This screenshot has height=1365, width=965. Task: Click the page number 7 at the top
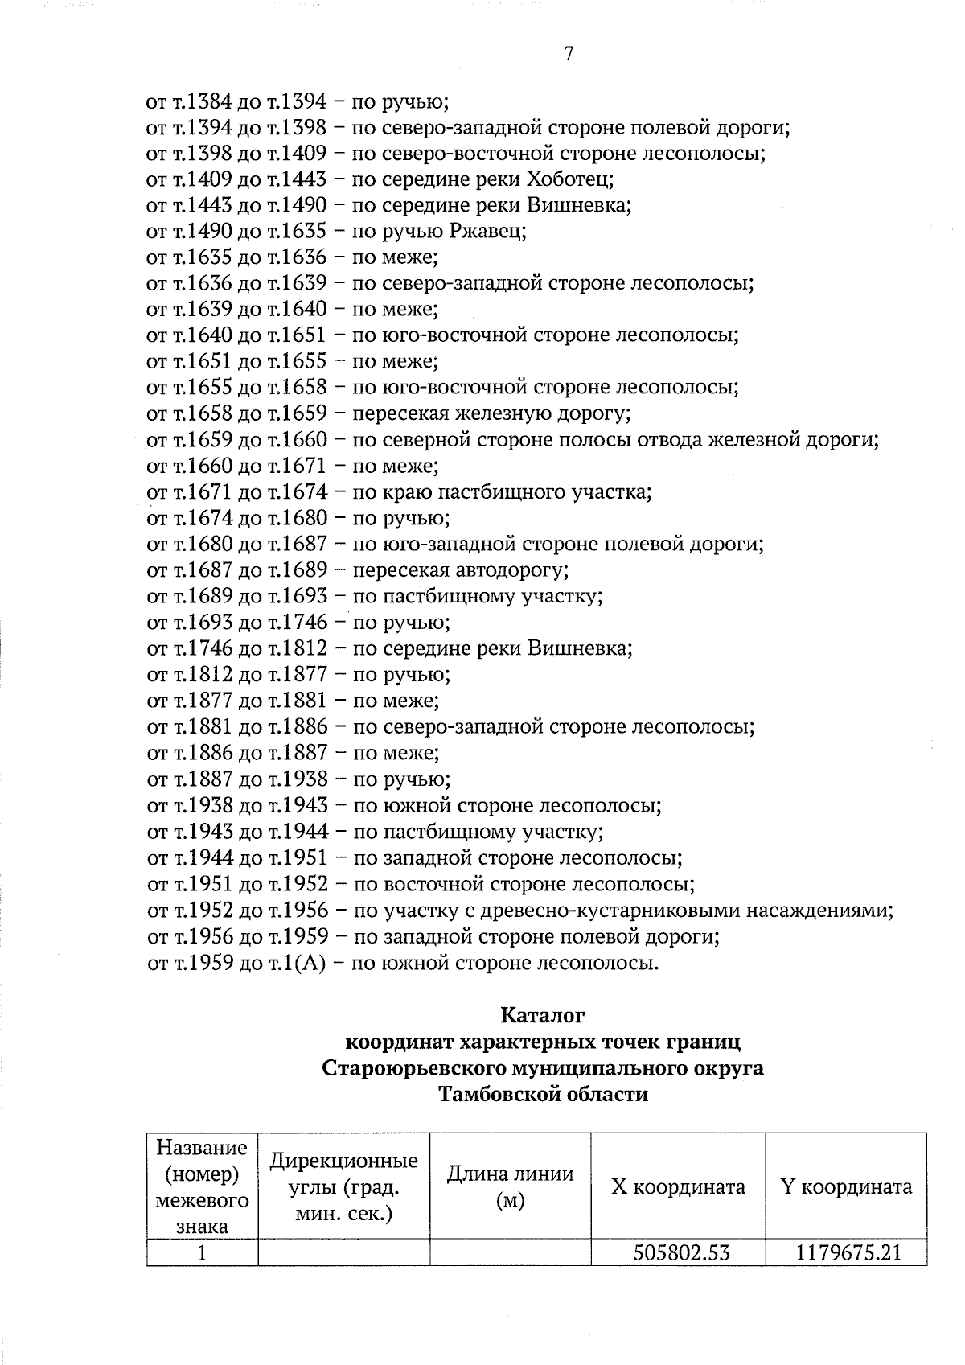pos(569,54)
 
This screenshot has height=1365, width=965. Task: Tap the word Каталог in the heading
pos(542,1015)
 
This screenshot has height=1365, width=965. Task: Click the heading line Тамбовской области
pos(542,1095)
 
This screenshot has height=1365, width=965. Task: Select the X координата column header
pos(678,1186)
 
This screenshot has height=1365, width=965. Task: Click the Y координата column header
pos(846,1186)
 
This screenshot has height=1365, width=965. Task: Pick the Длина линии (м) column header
pos(510,1186)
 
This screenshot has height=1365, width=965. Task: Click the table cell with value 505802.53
pos(677,1252)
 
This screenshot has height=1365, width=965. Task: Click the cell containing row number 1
pos(202,1252)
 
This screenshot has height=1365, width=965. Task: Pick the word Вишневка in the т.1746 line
pos(580,648)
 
